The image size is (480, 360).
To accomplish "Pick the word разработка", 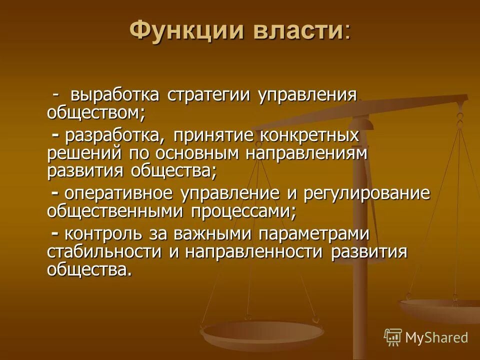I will point(115,135).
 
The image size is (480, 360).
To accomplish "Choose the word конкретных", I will point(310,135).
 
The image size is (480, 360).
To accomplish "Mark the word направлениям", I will point(306,152).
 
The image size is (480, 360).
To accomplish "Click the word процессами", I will point(242,210).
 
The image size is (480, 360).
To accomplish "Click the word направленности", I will point(254,250).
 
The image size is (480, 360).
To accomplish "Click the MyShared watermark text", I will point(436,337).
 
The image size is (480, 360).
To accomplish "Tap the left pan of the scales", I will point(260,332).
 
